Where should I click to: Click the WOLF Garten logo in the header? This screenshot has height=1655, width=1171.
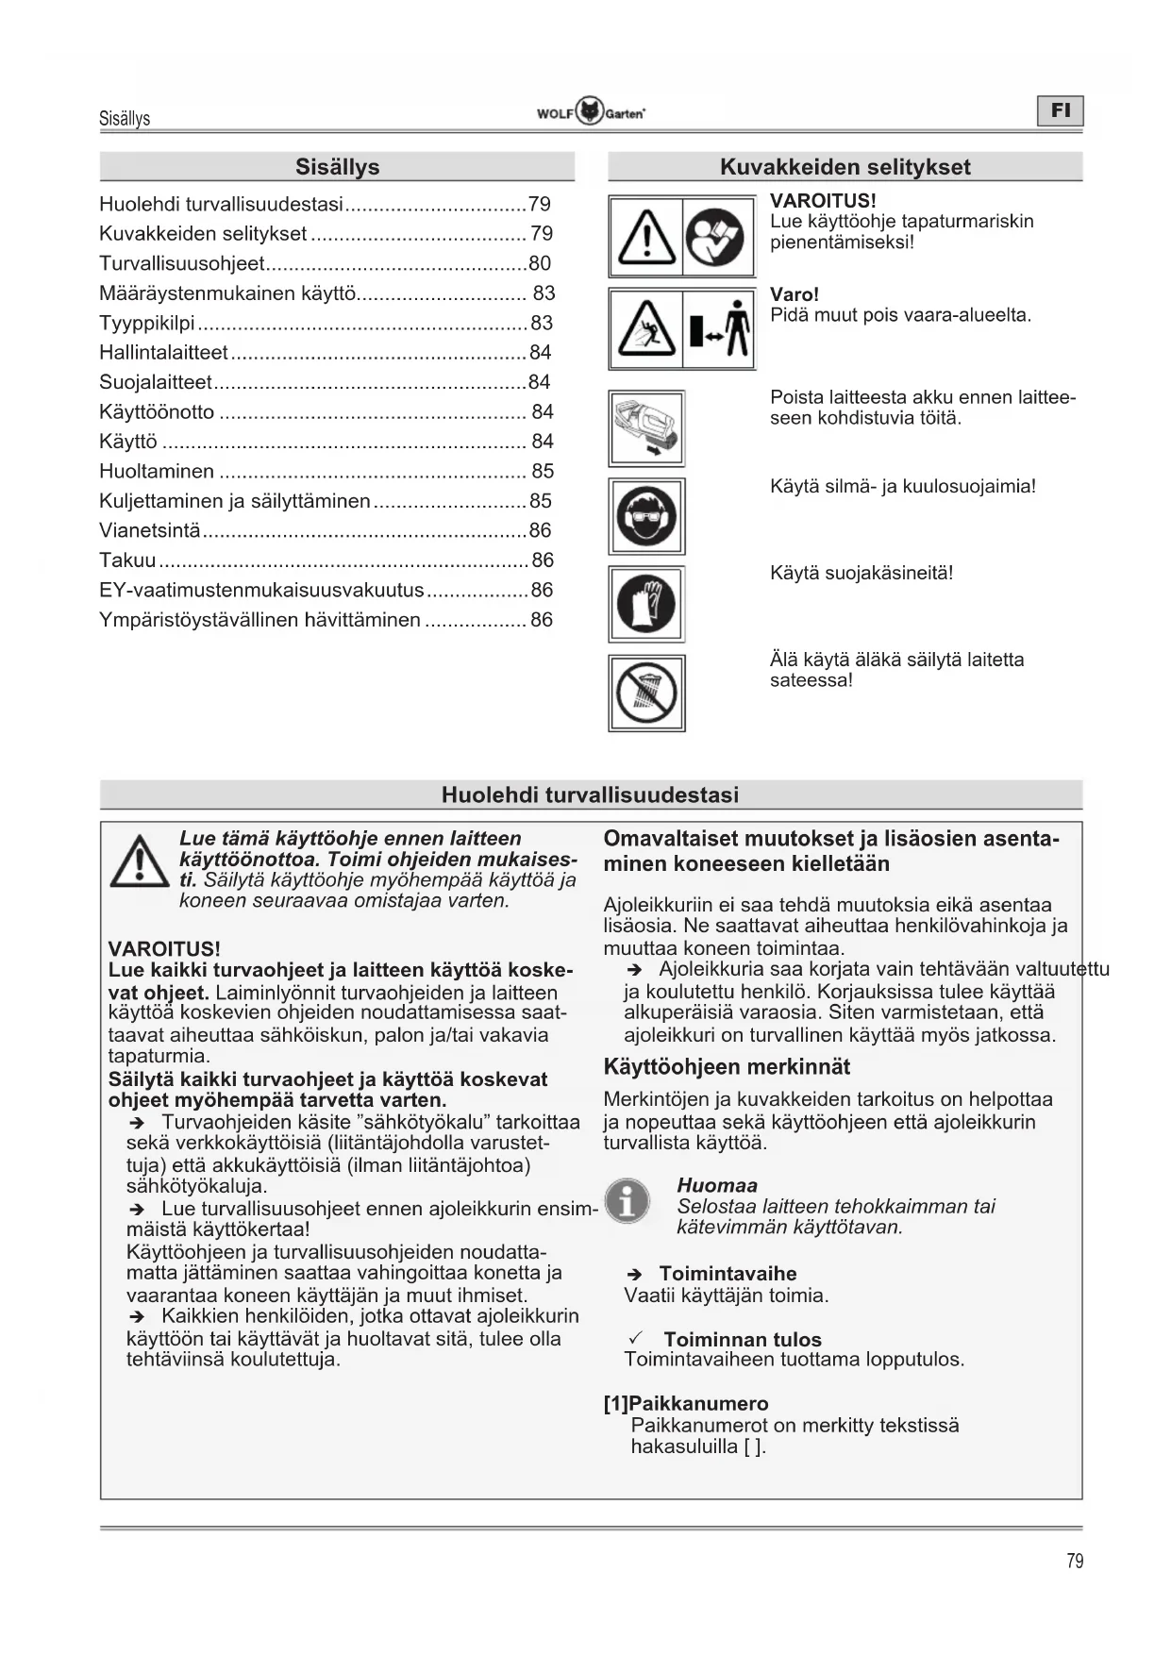591,112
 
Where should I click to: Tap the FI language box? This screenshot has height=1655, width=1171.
1061,111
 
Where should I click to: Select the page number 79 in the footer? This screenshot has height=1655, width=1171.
1075,1562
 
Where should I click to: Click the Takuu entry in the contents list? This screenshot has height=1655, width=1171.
128,560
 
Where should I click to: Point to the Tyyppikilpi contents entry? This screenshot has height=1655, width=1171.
147,323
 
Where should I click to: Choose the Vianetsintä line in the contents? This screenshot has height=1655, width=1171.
151,530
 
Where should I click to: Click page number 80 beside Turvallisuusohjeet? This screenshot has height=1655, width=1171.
540,263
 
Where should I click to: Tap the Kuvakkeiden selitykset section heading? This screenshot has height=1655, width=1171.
845,167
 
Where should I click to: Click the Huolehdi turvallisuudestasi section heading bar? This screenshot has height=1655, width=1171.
591,794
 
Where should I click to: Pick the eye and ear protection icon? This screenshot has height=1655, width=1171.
646,516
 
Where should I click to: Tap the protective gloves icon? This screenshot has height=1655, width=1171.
646,604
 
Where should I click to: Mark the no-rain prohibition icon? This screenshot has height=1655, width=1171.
646,693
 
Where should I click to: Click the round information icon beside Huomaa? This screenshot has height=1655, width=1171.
627,1201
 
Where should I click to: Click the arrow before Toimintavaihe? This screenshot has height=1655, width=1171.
635,1275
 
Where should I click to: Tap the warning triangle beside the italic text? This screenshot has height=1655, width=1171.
140,862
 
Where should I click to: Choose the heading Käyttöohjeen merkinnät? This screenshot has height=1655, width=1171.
727,1067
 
